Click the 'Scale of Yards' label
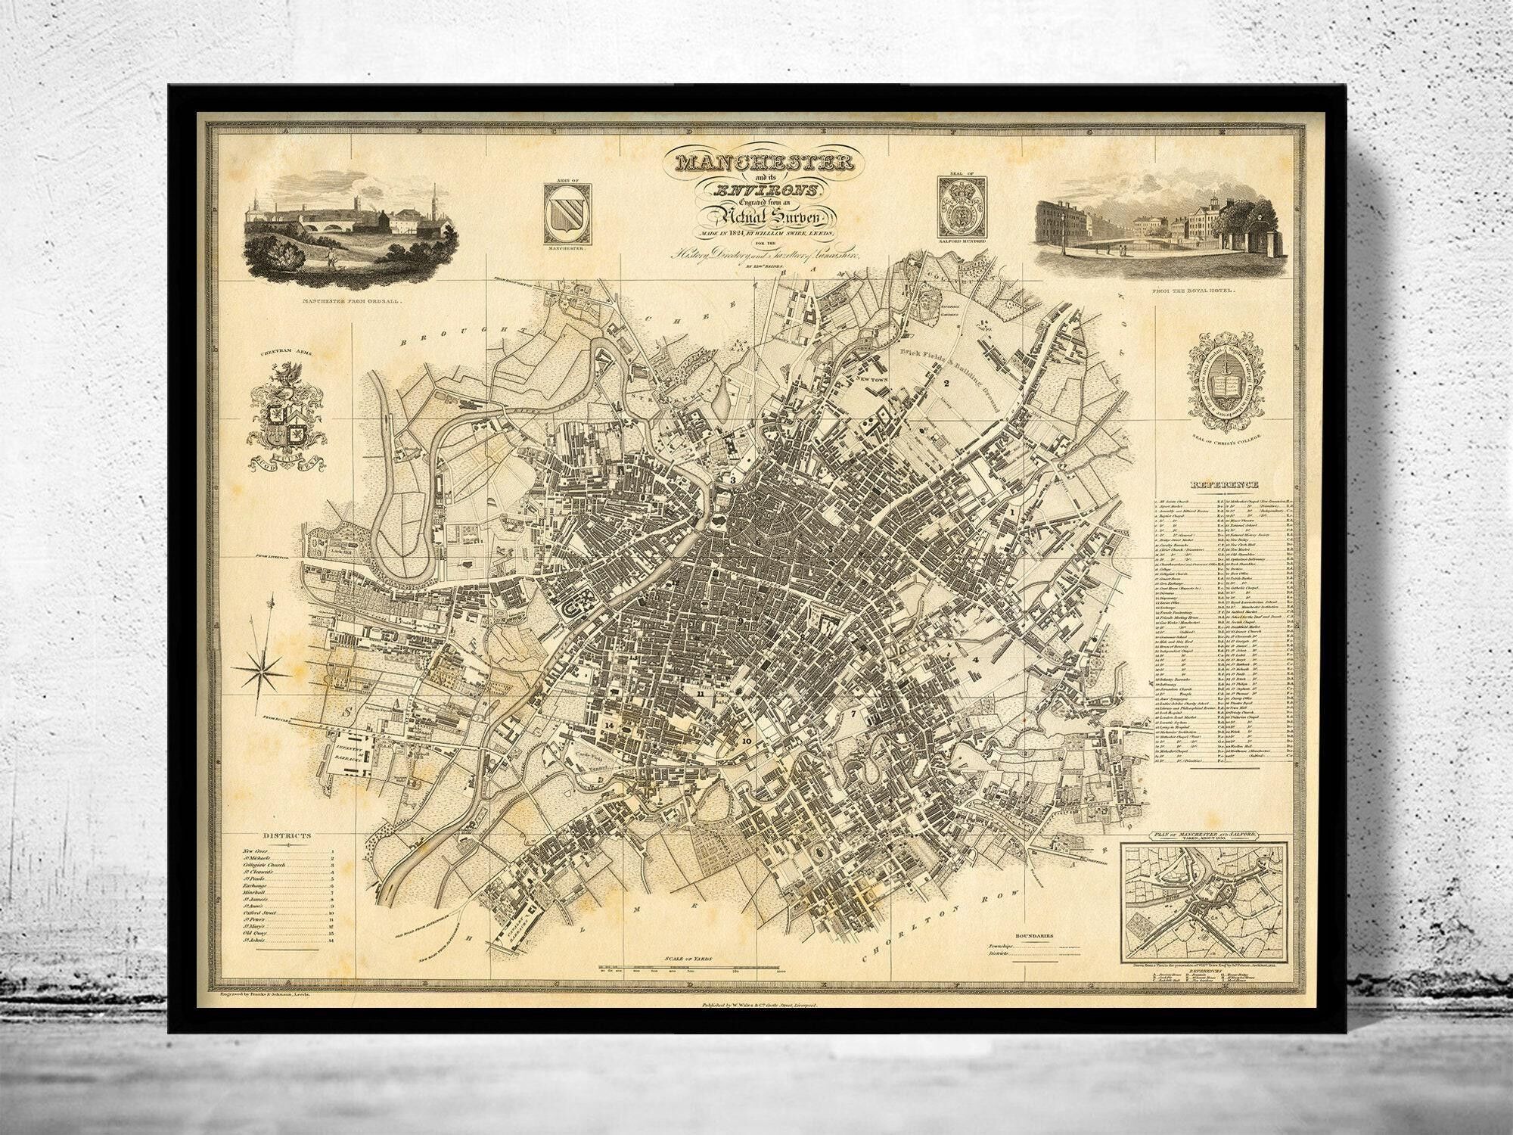pyautogui.click(x=688, y=960)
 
